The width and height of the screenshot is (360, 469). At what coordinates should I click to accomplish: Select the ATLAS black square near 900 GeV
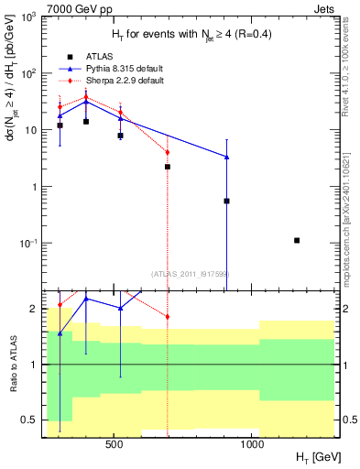226,201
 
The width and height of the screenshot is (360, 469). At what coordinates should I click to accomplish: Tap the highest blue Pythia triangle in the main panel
86,102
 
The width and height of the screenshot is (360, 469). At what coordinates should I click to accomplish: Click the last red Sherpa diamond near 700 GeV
168,152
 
